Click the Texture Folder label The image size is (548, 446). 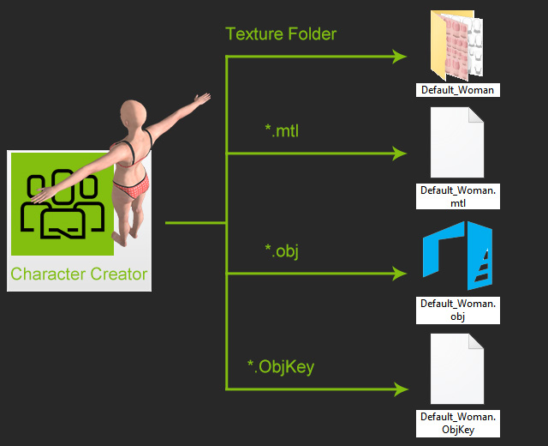tap(281, 34)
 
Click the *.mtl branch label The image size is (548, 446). tap(282, 130)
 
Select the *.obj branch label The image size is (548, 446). tap(282, 251)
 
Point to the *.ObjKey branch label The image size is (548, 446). tap(281, 367)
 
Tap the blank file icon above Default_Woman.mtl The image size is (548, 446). tap(457, 142)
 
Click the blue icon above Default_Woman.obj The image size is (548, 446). tap(457, 256)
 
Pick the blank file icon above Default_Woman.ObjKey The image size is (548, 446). tap(457, 369)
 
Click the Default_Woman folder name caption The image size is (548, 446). tap(458, 90)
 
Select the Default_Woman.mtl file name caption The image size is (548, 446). tap(458, 196)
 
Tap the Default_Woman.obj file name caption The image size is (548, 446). tap(458, 310)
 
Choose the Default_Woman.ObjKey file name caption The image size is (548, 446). tap(458, 423)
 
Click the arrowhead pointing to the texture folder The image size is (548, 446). tap(400, 57)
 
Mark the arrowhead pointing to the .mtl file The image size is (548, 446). tap(400, 154)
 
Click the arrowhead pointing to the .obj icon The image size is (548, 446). tap(400, 274)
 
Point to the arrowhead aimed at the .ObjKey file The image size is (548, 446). tap(401, 389)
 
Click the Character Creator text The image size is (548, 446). tap(79, 274)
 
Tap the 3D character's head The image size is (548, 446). tap(133, 112)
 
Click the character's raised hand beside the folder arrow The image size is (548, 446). tap(202, 99)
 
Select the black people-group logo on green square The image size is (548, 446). tap(63, 204)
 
